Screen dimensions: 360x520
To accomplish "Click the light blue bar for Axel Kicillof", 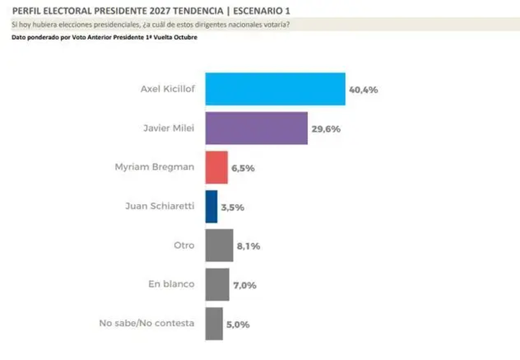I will [275, 89].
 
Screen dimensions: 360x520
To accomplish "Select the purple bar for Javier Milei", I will [257, 128].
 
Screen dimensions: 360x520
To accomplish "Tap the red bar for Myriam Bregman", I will [217, 167].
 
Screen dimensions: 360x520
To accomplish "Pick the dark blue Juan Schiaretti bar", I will [211, 206].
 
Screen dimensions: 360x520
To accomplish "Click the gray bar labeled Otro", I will [219, 245].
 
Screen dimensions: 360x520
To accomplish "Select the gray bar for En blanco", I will [217, 285].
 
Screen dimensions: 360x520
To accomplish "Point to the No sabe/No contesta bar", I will [214, 324].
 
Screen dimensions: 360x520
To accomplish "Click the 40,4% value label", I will [364, 90].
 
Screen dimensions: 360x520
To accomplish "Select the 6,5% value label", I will [243, 168].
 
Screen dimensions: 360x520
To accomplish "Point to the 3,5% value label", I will [233, 207].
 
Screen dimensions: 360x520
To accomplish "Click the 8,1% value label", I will [248, 246].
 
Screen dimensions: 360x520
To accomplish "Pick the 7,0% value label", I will [244, 285].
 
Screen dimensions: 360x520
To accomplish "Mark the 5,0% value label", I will [238, 324].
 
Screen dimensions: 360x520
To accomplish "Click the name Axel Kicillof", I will [168, 89].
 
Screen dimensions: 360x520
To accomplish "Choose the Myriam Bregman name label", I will [154, 167].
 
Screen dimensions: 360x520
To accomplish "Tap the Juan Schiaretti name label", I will [160, 206].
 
